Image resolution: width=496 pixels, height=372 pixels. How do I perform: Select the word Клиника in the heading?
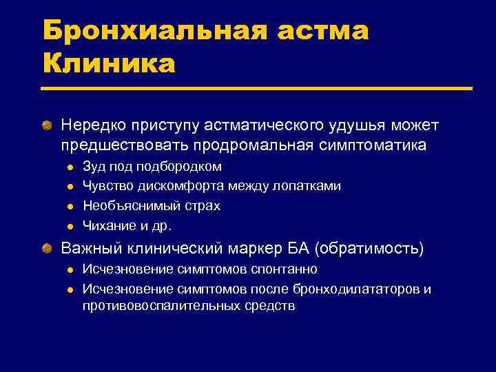109,63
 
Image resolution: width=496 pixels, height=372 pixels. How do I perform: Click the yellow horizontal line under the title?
257,88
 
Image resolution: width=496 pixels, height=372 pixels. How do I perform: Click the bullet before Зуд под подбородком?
70,167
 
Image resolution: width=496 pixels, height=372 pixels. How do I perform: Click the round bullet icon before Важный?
46,248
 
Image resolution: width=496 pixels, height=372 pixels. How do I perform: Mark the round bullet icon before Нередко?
46,127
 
